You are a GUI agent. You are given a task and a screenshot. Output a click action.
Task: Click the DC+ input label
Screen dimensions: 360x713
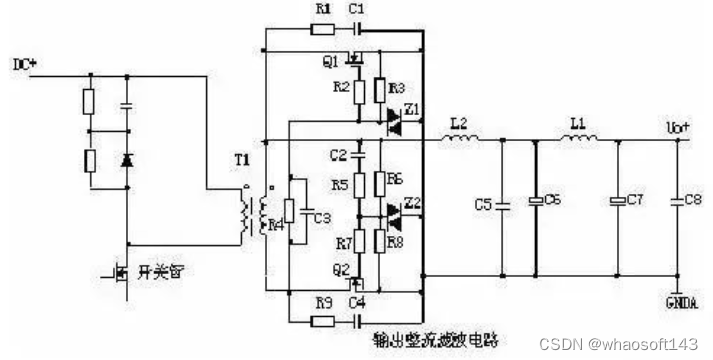[x=23, y=65]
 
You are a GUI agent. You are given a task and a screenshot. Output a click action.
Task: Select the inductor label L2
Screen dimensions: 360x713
[x=458, y=123]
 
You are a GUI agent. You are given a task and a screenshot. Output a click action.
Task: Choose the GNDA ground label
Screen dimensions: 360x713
[x=683, y=302]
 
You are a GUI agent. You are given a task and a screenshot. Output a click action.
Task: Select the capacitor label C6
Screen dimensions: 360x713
[x=553, y=201]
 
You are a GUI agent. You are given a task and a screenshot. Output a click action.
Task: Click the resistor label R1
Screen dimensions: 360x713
[x=322, y=9]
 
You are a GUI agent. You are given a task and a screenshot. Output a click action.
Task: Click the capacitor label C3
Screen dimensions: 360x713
[x=321, y=218]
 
